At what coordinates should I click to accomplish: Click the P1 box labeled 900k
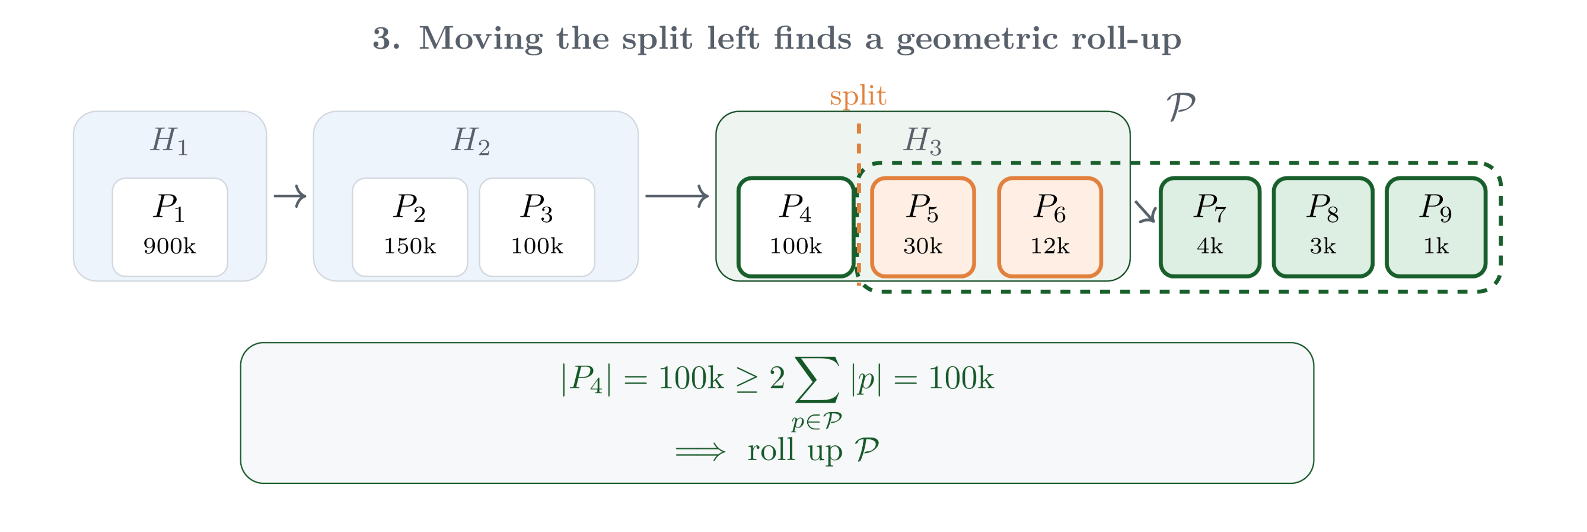tap(170, 227)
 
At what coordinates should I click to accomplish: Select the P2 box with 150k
tap(410, 227)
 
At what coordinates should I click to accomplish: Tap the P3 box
tap(537, 227)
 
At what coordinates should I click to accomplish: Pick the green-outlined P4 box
tap(795, 227)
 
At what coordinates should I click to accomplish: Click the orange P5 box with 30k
tap(923, 227)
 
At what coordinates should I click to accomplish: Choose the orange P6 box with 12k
tap(1050, 227)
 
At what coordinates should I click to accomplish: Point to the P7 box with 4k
tap(1210, 227)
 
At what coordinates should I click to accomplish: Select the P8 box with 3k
tap(1322, 227)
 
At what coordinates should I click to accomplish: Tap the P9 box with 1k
tap(1436, 227)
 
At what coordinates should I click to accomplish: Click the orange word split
tap(858, 96)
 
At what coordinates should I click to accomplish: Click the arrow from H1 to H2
tap(290, 196)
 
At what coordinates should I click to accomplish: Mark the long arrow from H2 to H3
tap(677, 196)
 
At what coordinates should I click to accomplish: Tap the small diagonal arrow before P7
tap(1145, 211)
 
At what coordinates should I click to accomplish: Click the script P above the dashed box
tap(1180, 107)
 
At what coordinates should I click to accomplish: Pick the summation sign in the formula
tap(817, 379)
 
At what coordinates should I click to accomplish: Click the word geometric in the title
tap(977, 39)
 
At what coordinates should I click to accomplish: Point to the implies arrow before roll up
tap(700, 452)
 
